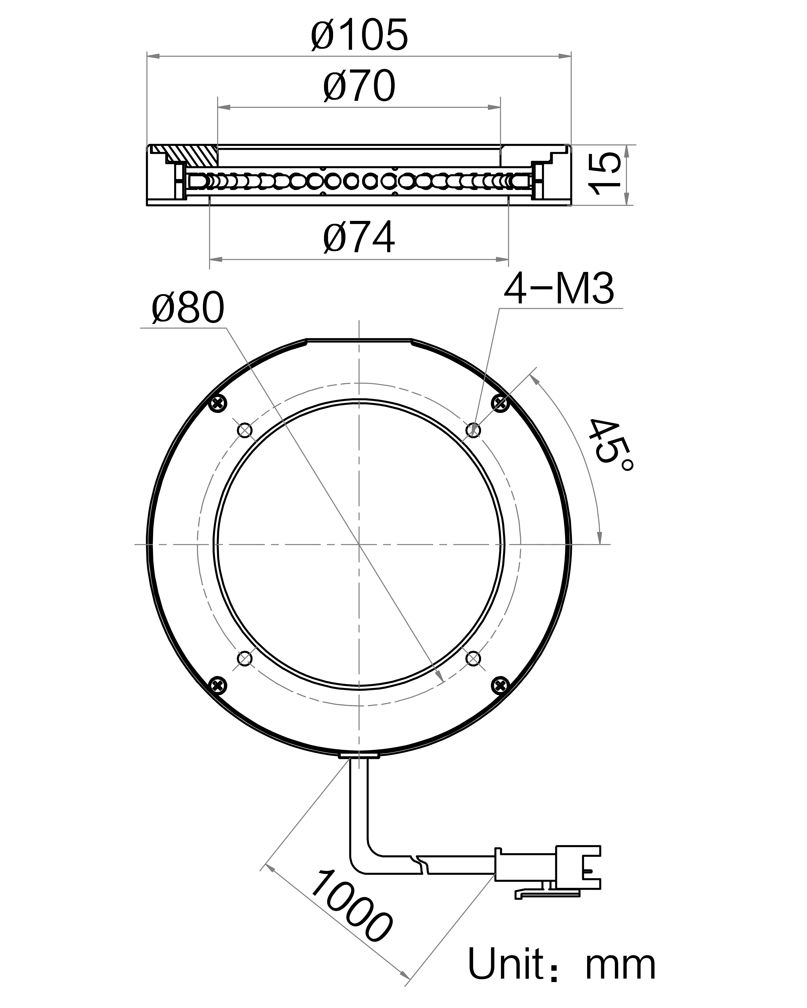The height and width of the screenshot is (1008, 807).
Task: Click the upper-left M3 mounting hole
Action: pyautogui.click(x=245, y=430)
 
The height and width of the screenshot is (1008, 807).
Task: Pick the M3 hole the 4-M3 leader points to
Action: pyautogui.click(x=474, y=430)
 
